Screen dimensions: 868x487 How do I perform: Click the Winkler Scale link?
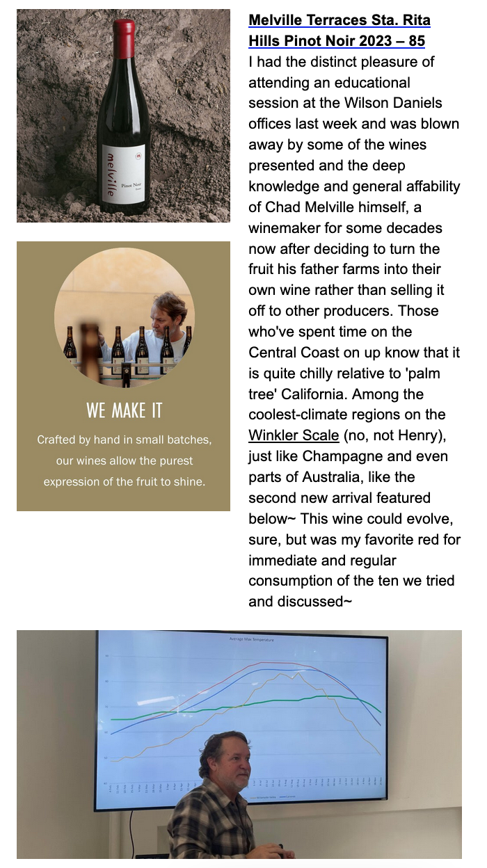pos(294,436)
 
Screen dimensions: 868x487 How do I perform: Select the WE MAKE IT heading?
pos(124,410)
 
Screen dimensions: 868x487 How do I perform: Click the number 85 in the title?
pos(417,41)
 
